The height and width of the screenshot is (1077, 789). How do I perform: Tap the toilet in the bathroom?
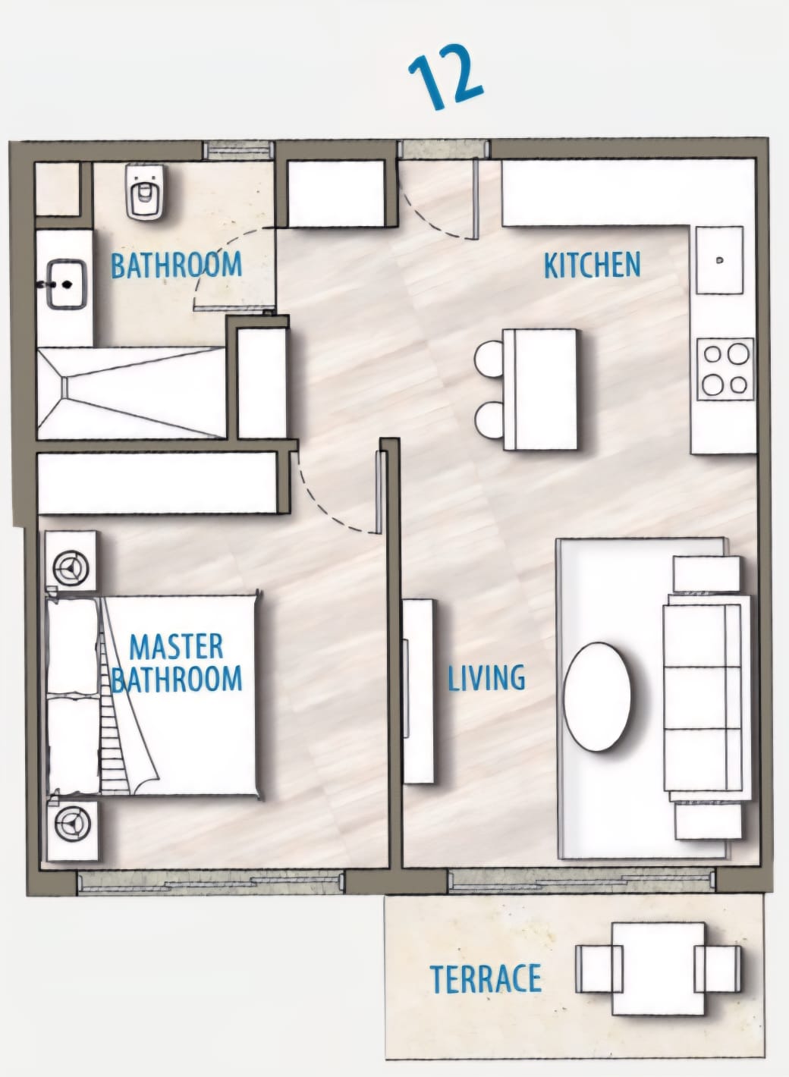click(x=144, y=191)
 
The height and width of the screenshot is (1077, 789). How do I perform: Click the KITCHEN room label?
click(x=592, y=265)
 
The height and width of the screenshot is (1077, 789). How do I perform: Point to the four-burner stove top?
click(x=725, y=369)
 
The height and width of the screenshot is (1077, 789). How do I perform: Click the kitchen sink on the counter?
click(x=719, y=260)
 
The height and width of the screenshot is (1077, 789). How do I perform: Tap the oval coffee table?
click(x=596, y=697)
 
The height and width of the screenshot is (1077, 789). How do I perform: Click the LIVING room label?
click(x=486, y=678)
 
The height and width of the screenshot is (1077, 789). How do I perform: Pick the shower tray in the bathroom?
click(x=132, y=393)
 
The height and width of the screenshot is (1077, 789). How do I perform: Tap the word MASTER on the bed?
click(x=177, y=647)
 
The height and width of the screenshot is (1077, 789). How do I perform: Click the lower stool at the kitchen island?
click(x=489, y=420)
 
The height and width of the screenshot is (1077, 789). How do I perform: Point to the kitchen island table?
click(x=540, y=389)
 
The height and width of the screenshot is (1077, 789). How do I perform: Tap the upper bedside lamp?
click(x=71, y=568)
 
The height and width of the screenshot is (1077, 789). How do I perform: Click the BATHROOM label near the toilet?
click(x=177, y=265)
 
